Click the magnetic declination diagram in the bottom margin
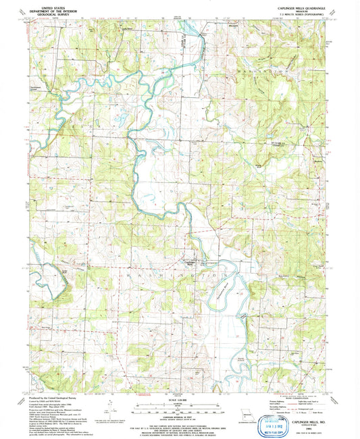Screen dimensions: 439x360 (x=109, y=408)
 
